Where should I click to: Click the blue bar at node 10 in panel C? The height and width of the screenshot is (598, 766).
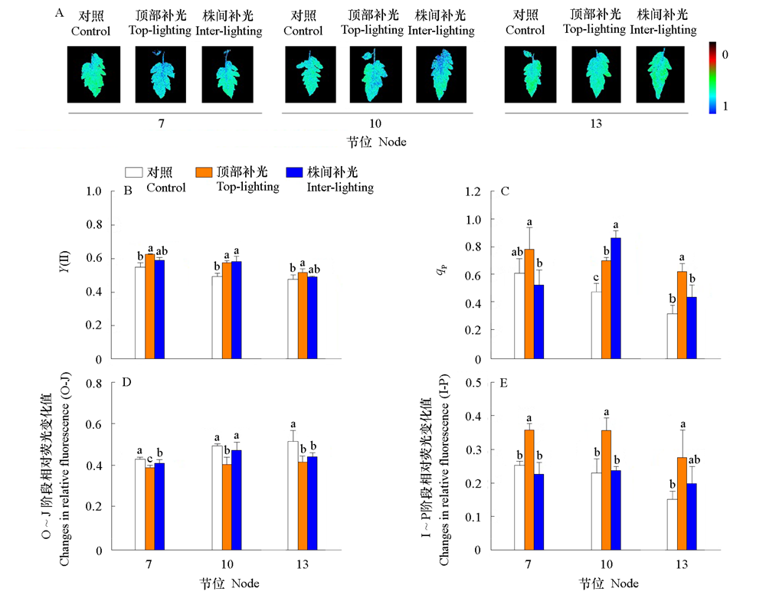[x=616, y=299]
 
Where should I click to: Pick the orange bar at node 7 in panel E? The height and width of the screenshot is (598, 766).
[x=529, y=489]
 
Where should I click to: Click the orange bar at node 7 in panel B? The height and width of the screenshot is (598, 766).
[x=150, y=306]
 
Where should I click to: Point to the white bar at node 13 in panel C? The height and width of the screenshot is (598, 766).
[x=673, y=336]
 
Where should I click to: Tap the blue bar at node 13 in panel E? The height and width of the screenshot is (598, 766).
[x=692, y=517]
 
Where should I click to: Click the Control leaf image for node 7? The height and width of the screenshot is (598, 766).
[x=95, y=75]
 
